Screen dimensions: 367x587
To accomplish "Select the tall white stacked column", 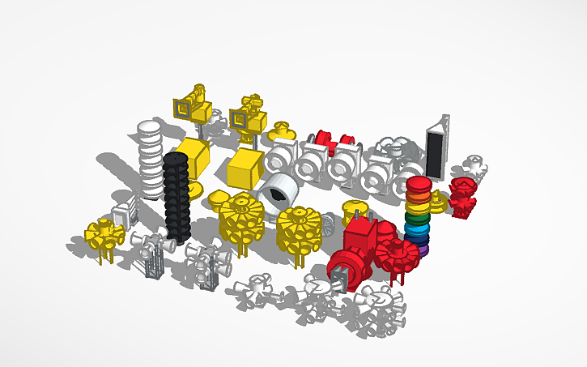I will (x=150, y=158).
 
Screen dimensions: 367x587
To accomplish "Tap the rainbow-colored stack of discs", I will (x=418, y=215).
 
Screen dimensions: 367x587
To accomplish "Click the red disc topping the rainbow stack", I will (x=418, y=184).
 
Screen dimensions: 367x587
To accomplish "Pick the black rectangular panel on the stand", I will (x=435, y=152).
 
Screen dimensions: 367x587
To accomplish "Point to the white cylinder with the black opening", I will (x=277, y=193).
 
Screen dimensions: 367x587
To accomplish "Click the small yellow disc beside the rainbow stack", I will (x=437, y=199).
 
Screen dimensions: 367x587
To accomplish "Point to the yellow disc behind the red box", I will (x=353, y=208).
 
